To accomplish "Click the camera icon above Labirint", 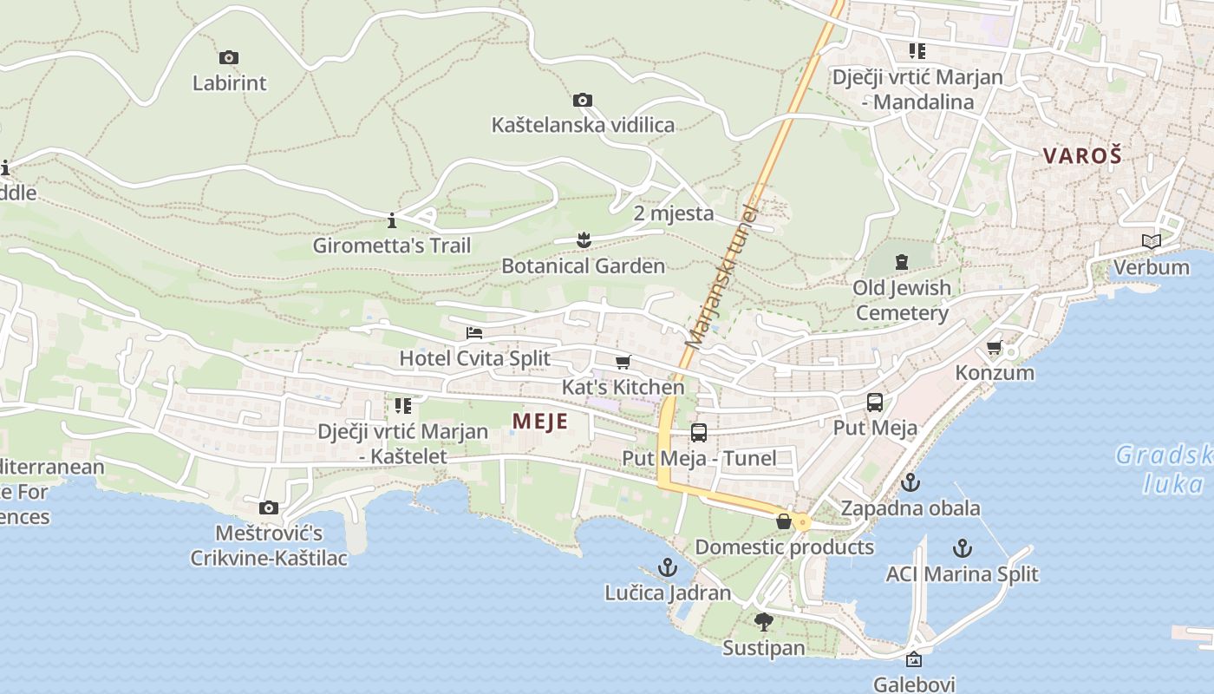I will [x=229, y=58].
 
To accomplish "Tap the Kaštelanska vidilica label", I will [x=583, y=125].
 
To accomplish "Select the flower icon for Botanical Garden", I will [x=584, y=240].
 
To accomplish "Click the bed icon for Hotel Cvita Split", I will [x=473, y=333].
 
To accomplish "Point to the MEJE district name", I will [x=539, y=422].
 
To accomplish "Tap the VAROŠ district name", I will [x=1082, y=156].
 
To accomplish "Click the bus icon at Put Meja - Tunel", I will [x=699, y=432].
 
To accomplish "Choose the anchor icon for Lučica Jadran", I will [x=667, y=568].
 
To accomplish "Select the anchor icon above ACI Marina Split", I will [x=962, y=548].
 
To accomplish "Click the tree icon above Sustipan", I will [x=763, y=621].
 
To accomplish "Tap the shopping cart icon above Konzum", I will [x=994, y=348].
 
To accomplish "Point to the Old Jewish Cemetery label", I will [x=902, y=300].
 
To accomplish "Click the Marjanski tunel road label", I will [x=721, y=276].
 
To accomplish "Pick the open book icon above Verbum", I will [x=1152, y=242].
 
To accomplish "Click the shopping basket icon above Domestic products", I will [x=784, y=521].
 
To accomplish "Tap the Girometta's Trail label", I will [x=392, y=246].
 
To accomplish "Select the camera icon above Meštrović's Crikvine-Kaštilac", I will [x=269, y=507].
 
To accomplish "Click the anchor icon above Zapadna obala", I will [x=910, y=482].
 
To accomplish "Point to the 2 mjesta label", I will [x=674, y=213].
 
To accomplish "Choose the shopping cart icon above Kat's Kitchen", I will [x=623, y=362].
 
